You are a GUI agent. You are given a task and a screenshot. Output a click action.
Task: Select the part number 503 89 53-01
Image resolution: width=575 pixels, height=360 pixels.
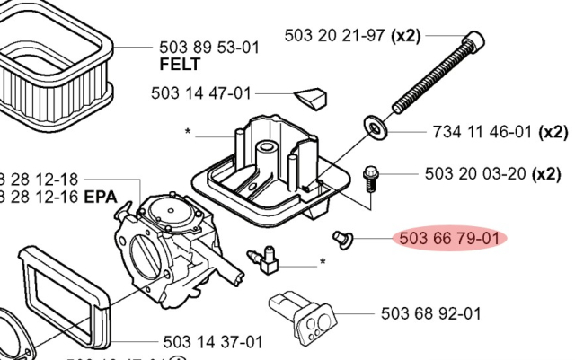point(208,48)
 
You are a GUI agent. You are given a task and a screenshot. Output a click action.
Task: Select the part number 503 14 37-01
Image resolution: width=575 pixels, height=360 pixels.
point(214,341)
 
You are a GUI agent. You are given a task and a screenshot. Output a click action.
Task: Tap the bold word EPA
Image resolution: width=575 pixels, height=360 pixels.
point(101,197)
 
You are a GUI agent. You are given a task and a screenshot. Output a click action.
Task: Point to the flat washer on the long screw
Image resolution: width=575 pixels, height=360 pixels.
point(375,125)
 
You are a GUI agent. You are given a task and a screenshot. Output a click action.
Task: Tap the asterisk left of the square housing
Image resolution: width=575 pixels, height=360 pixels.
point(188,133)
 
